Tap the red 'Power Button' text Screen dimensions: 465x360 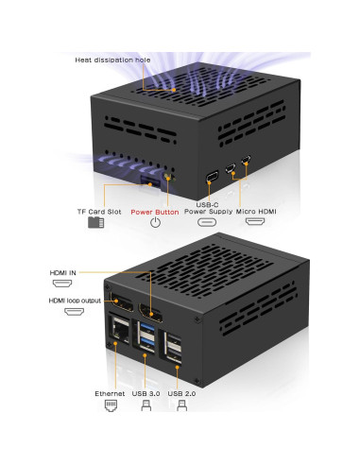coord(155,212)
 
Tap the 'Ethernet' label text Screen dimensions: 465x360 coord(110,392)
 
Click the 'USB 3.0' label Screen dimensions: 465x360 coord(146,392)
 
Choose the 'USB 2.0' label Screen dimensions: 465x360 coord(182,392)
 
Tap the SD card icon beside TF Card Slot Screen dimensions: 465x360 coord(94,223)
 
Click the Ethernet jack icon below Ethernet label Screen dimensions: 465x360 coord(110,406)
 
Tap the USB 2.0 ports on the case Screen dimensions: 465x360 coord(175,348)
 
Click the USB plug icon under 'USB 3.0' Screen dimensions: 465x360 coord(146,406)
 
